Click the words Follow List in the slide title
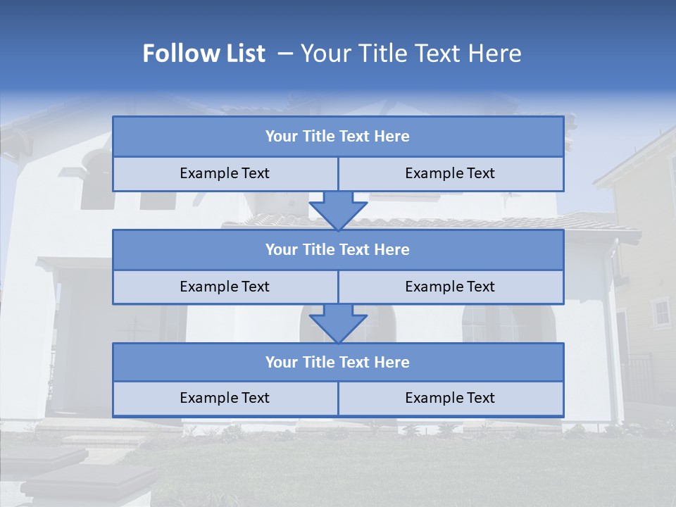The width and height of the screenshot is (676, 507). click(204, 54)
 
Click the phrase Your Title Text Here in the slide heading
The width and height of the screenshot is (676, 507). click(411, 54)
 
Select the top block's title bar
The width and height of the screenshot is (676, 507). click(338, 137)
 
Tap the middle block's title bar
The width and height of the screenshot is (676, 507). click(338, 250)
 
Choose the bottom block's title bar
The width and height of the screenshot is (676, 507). click(338, 363)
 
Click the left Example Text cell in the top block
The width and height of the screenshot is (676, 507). click(225, 174)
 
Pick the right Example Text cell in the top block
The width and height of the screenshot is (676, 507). click(450, 174)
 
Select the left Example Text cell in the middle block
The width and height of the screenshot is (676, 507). click(225, 287)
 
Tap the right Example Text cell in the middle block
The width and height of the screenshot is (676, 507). click(450, 287)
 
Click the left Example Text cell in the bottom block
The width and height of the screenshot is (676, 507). click(225, 399)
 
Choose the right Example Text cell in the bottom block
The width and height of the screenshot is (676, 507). click(450, 399)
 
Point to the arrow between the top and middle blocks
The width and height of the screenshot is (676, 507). click(338, 210)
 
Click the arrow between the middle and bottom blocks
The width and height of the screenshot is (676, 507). click(338, 323)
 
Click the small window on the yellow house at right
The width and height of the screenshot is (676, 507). click(661, 311)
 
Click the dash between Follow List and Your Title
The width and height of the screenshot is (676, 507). click(284, 54)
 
